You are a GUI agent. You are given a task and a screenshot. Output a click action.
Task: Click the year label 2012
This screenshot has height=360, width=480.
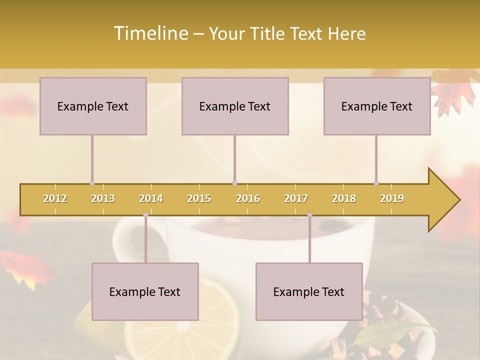coord(55,198)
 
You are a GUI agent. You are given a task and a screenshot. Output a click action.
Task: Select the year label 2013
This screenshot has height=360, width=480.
coord(103,198)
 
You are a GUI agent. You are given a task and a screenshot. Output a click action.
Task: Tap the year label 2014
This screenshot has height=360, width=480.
coord(151,198)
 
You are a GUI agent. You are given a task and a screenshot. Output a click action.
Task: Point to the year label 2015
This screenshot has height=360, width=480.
coord(199,198)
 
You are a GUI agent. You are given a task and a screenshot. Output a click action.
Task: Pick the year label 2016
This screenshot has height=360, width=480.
coord(248,198)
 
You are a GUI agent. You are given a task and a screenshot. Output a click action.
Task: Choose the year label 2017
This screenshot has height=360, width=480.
coord(296,198)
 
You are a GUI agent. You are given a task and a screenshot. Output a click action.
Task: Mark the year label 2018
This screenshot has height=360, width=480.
coord(344,198)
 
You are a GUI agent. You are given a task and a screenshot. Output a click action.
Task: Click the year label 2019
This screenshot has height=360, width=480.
coord(392,198)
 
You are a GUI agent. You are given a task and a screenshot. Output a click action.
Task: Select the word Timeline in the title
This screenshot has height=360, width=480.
coord(150,33)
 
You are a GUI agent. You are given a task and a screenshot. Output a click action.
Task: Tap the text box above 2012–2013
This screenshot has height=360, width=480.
coord(93,106)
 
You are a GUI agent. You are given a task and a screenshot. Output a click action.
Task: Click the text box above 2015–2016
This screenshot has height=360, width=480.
coord(235,106)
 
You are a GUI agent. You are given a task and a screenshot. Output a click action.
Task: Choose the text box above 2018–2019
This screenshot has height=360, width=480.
coord(377,106)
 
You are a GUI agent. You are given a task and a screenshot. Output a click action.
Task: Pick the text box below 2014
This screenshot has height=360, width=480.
coord(145,291)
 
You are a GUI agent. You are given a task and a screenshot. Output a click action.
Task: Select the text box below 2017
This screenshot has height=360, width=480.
coord(309,291)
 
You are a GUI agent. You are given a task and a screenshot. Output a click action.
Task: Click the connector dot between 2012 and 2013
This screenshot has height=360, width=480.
coord(92,183)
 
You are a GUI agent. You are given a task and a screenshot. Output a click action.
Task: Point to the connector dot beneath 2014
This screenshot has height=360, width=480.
coord(145,214)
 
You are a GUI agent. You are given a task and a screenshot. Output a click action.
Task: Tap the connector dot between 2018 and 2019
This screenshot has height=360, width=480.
coord(376,183)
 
